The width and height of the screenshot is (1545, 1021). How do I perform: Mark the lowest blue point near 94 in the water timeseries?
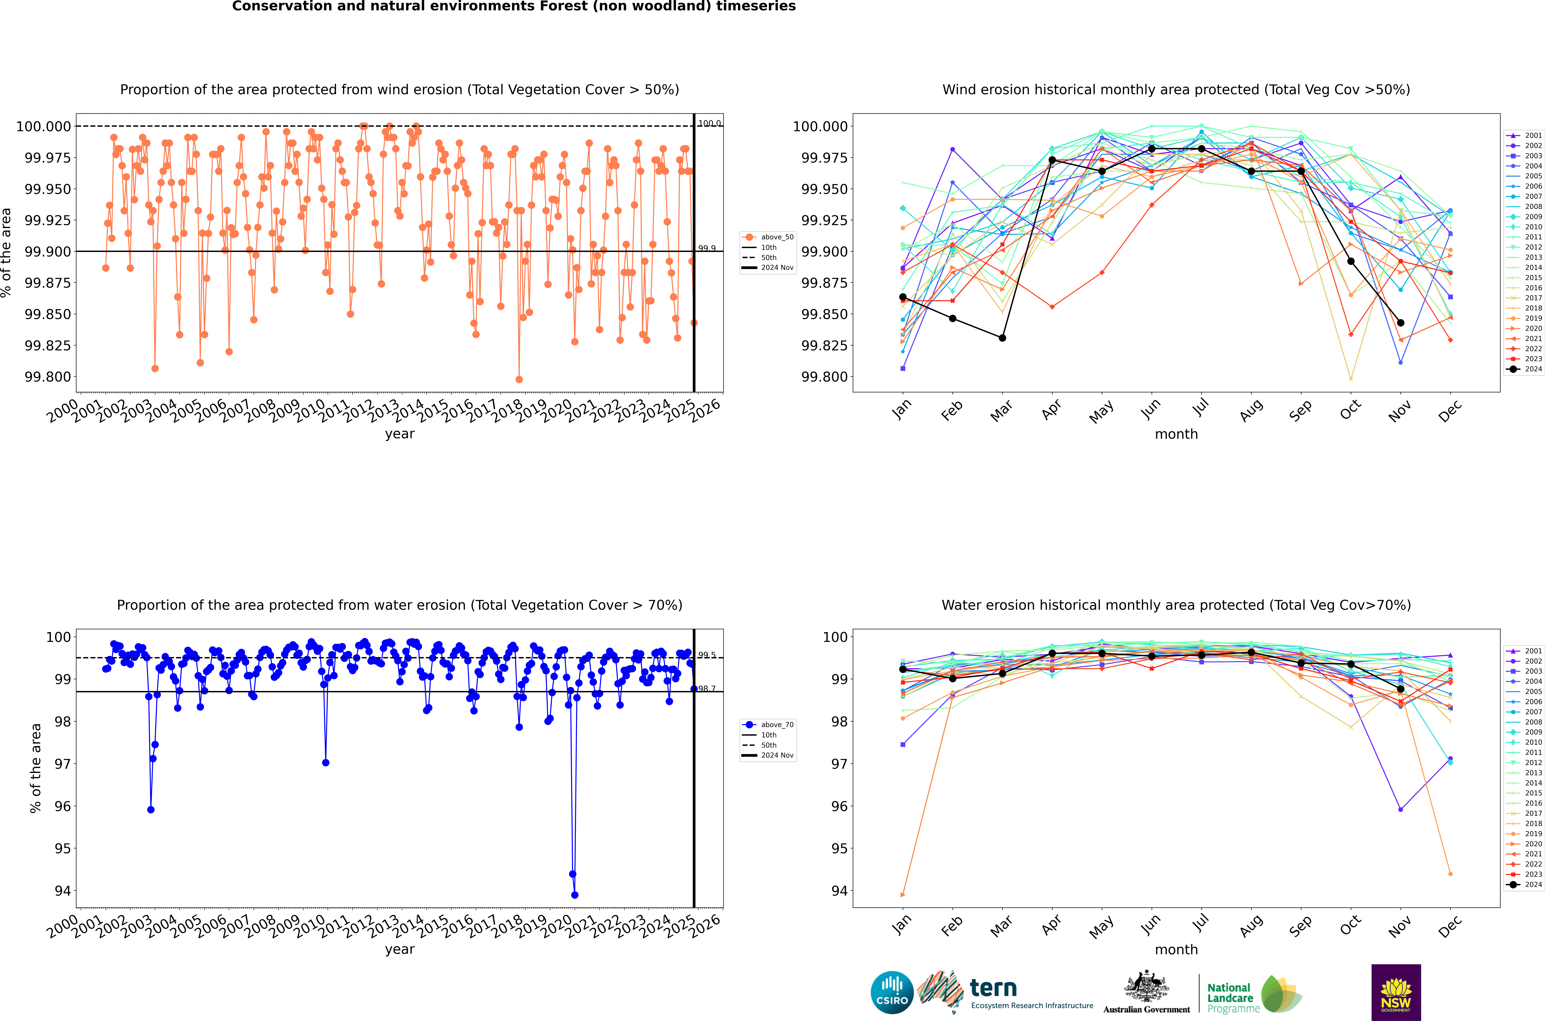[574, 895]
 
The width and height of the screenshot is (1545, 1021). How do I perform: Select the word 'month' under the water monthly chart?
[1176, 949]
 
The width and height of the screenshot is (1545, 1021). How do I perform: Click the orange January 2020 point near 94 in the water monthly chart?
[902, 895]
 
